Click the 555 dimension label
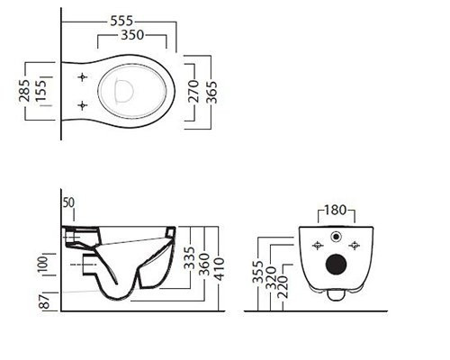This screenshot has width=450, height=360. coord(121,21)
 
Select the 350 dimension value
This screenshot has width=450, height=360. coord(132,35)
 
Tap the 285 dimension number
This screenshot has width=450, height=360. coord(24,90)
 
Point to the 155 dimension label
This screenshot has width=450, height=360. coord(41,90)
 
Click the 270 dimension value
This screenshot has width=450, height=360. coord(194,91)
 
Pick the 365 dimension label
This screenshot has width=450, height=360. coord(211,92)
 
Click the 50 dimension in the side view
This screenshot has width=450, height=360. coord(68,202)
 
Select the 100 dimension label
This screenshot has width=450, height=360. coord(42,265)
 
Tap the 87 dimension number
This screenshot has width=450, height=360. coord(44,301)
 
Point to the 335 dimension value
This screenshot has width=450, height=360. coord(189,257)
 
